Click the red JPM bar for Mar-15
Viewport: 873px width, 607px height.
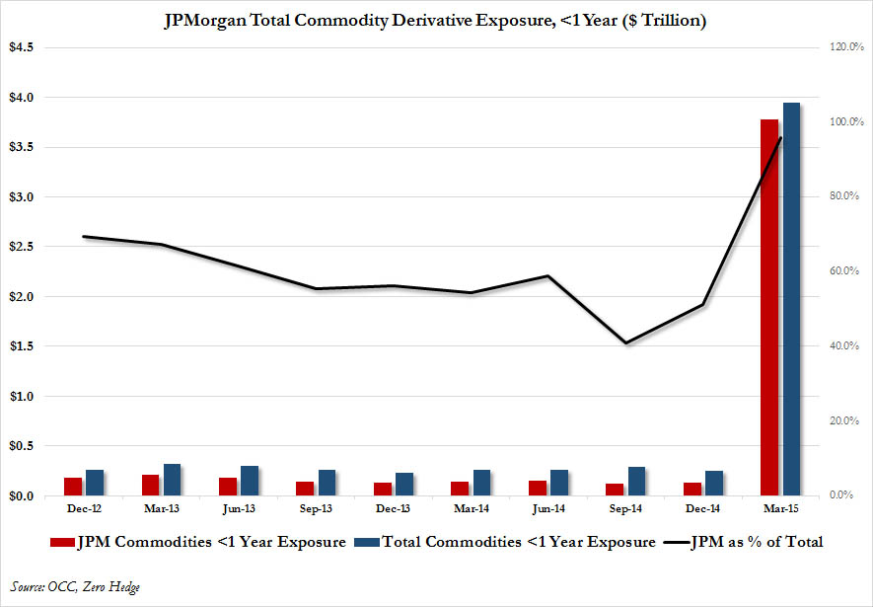[x=769, y=307]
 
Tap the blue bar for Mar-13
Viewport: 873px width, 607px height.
[x=172, y=480]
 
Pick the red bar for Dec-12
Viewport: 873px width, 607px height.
[x=72, y=487]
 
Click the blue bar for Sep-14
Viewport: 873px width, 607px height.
[x=636, y=481]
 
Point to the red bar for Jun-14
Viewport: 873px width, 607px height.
[x=537, y=488]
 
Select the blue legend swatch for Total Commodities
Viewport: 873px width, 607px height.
[x=367, y=542]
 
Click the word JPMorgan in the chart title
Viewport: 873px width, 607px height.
[x=206, y=21]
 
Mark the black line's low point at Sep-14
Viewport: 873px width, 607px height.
[x=625, y=343]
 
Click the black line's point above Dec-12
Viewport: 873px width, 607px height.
[x=84, y=237]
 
